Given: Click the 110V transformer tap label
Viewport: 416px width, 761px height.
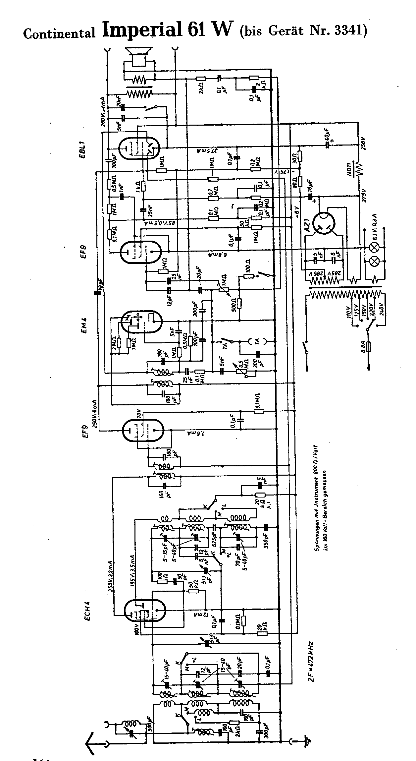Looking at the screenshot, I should [348, 312].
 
